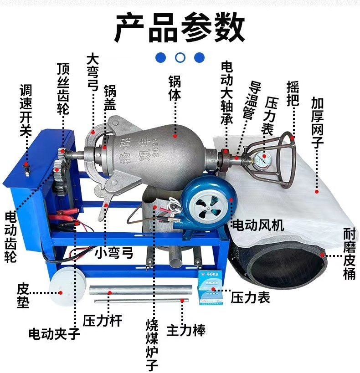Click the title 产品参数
pos(180,28)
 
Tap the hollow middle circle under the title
pos(180,57)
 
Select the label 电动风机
pos(258,225)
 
